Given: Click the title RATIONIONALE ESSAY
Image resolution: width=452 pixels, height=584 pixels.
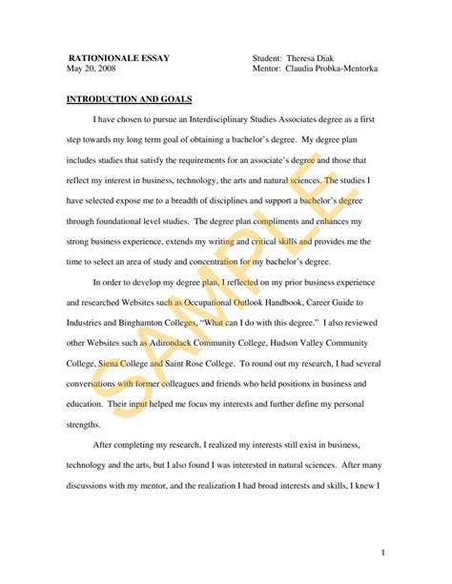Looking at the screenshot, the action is (118, 58).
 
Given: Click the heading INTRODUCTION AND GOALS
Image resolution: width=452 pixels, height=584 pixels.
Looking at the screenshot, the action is (129, 99).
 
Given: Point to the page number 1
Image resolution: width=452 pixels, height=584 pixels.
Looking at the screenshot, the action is (382, 551).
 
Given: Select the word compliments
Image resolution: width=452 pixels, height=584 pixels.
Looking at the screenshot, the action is (282, 221).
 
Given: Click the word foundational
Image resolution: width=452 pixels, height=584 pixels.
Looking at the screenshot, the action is (134, 221).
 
